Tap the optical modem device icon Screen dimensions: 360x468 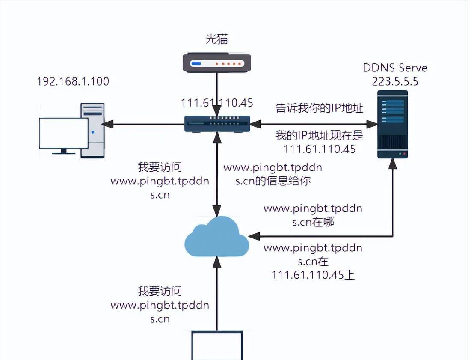(216, 63)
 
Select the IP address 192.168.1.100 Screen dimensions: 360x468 (73, 81)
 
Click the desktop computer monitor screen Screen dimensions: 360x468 (63, 133)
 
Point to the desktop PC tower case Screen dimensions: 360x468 (93, 130)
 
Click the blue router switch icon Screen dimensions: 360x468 (217, 124)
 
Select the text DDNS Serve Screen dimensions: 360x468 (395, 68)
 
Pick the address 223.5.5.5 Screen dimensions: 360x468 (395, 81)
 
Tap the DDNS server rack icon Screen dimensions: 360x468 (392, 124)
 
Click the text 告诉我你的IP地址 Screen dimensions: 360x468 (319, 108)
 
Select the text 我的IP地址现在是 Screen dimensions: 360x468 (319, 136)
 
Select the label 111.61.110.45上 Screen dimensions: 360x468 (313, 275)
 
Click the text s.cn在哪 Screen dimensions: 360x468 (313, 222)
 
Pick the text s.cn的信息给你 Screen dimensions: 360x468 (273, 181)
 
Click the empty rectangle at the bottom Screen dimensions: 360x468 (217, 346)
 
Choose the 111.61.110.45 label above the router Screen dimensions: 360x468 (217, 103)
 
